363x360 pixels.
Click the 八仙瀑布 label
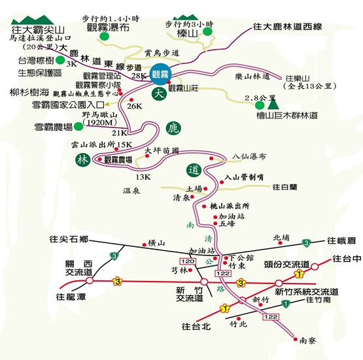tap(251, 156)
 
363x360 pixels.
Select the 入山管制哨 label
tap(244, 176)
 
